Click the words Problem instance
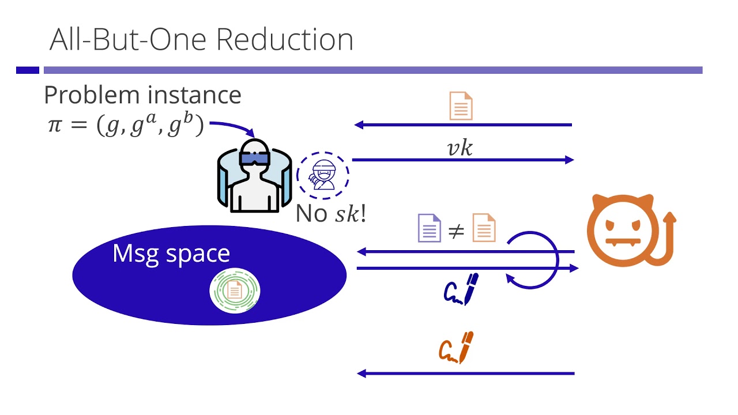tap(142, 95)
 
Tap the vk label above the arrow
tap(460, 148)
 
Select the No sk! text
tap(331, 214)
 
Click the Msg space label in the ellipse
tap(171, 253)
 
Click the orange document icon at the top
tap(461, 106)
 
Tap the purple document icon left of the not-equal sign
tap(428, 227)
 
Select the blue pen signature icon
tap(461, 289)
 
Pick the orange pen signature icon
tap(456, 348)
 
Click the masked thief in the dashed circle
tap(323, 173)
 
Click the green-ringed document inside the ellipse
tap(234, 291)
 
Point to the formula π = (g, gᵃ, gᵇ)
tap(126, 125)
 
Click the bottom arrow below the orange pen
tap(466, 373)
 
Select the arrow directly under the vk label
tap(463, 160)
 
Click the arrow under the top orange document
tap(463, 124)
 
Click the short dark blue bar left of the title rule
tap(27, 70)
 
